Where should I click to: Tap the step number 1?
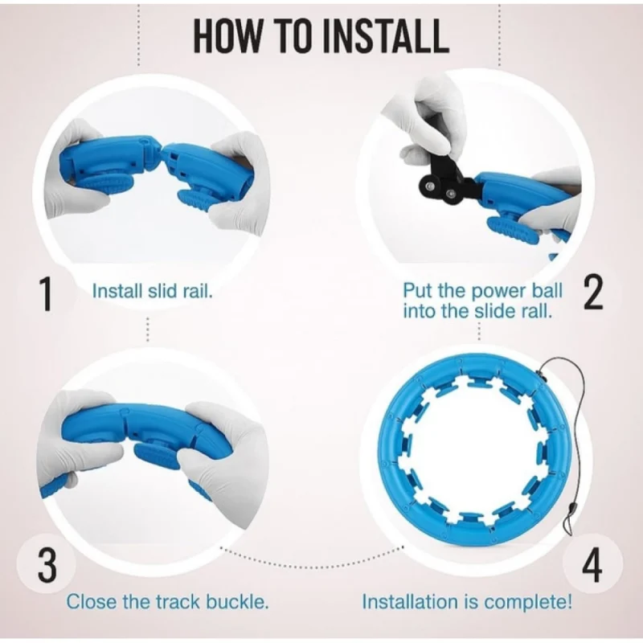click(x=47, y=293)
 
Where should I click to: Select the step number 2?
click(x=592, y=293)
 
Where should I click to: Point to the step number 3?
click(x=47, y=566)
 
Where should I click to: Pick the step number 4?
click(x=592, y=566)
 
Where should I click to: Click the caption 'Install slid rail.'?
click(x=153, y=291)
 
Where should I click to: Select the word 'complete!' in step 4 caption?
click(x=528, y=602)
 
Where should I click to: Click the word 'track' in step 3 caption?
click(x=177, y=602)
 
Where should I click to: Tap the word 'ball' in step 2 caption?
click(x=547, y=291)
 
